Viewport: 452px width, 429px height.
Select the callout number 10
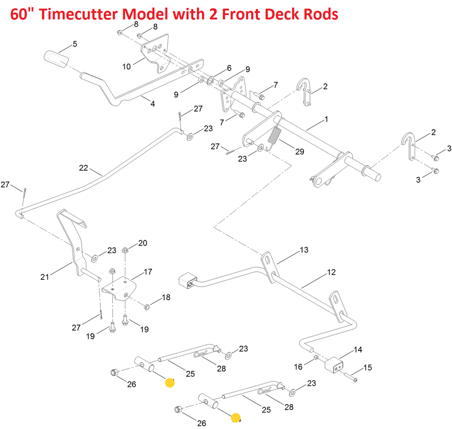pos(127,67)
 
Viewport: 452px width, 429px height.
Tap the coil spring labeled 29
pos(275,135)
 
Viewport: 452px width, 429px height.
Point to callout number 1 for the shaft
pos(326,119)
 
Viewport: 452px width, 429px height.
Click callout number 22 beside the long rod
pos(83,168)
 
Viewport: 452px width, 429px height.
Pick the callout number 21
pos(45,277)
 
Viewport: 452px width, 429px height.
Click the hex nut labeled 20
pos(125,250)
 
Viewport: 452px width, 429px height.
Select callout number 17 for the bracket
pos(148,271)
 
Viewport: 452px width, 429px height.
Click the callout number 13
pos(304,250)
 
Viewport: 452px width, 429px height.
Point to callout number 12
pos(331,272)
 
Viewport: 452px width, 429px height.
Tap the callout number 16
pos(298,367)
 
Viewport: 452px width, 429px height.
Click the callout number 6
pos(229,68)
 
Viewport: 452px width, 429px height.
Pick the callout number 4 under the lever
pos(153,104)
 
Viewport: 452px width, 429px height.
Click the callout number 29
pos(299,152)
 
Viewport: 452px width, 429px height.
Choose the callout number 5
pos(75,44)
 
